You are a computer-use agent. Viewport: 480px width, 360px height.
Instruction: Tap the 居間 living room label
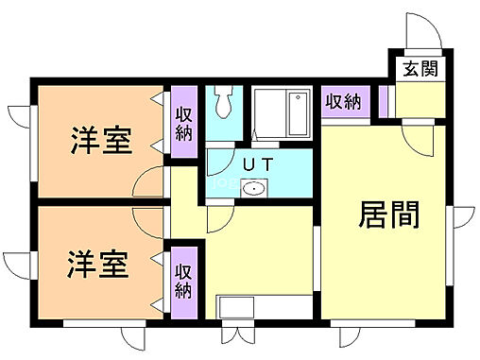click(388, 216)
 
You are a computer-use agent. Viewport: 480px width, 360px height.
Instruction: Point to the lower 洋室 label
click(97, 264)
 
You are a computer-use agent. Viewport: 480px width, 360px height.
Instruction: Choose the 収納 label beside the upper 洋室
click(183, 122)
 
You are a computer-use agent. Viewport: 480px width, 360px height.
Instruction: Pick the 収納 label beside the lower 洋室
click(183, 274)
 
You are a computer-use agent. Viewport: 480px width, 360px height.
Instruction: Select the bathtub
click(281, 113)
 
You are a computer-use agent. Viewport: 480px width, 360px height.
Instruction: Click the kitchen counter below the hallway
click(265, 308)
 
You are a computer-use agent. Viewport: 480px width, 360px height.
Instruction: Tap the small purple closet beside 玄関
click(385, 101)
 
